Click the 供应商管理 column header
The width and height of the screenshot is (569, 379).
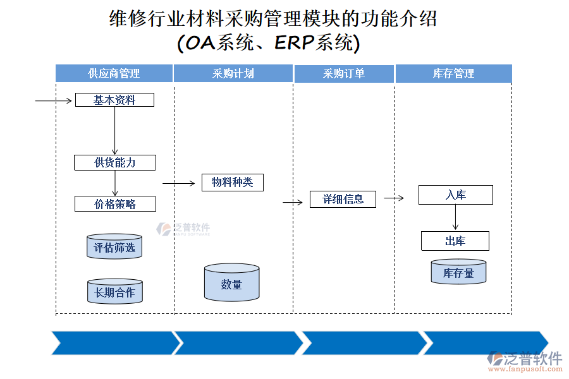point(114,73)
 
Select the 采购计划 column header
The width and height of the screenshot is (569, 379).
point(233,73)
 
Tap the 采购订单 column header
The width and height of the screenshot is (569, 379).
point(344,73)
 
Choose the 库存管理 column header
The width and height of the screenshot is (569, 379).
point(453,73)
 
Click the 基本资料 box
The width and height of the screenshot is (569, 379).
point(114,100)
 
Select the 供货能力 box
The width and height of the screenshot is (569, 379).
point(115,162)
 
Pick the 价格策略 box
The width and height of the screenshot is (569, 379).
point(115,203)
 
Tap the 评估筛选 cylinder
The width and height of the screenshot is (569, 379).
point(114,247)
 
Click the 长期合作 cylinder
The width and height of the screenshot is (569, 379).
point(114,292)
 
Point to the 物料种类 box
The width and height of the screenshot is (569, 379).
point(232,183)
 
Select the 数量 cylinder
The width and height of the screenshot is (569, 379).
point(232,284)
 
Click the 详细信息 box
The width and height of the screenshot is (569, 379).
point(343,200)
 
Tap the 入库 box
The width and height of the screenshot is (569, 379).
point(455,195)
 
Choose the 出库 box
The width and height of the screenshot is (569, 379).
point(455,241)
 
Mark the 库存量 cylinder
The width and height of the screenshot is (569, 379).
point(458,272)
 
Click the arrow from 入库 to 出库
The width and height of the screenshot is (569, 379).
point(455,218)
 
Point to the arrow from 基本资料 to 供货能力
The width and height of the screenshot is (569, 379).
point(114,130)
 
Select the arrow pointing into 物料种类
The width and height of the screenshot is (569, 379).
point(179,184)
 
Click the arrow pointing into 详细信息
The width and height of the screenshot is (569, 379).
point(293,203)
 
